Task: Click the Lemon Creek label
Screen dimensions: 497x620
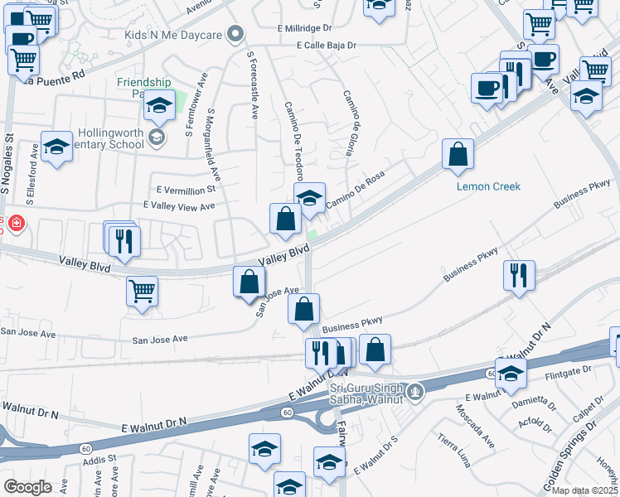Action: click(489, 186)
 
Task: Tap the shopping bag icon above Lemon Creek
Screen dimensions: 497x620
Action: click(458, 154)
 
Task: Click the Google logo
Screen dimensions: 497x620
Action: click(27, 486)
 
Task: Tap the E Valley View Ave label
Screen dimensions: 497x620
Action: click(179, 205)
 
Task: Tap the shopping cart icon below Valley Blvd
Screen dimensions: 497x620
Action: click(143, 291)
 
